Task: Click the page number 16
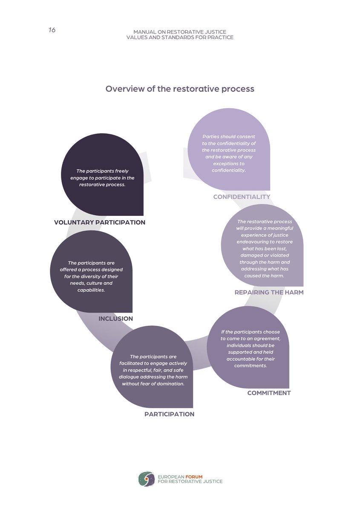click(x=52, y=30)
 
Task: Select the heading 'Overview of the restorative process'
click(x=180, y=89)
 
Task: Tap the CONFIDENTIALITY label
click(x=242, y=197)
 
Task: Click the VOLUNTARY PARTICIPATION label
click(x=100, y=222)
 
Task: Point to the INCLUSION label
click(x=116, y=319)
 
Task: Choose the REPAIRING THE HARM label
click(x=269, y=293)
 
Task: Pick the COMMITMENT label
click(x=269, y=393)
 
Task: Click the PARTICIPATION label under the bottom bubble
click(x=169, y=414)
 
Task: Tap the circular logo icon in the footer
click(x=146, y=479)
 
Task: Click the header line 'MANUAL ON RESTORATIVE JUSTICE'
click(x=180, y=32)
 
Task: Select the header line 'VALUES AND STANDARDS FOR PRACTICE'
click(x=180, y=37)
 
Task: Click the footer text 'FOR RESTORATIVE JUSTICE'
click(x=190, y=482)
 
